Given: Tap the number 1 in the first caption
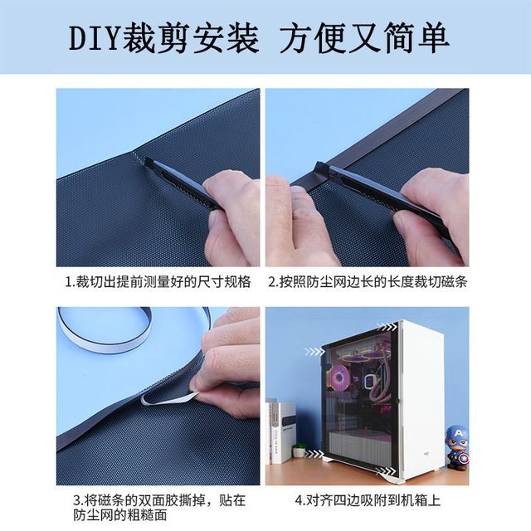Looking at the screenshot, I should point(69,281).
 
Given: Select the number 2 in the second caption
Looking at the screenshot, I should point(271,281).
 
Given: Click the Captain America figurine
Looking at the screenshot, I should point(457,449).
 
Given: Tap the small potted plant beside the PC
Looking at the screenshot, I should point(299,450).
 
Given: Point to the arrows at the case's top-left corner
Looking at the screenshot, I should point(313,351).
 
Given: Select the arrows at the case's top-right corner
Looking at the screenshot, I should point(384,325).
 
